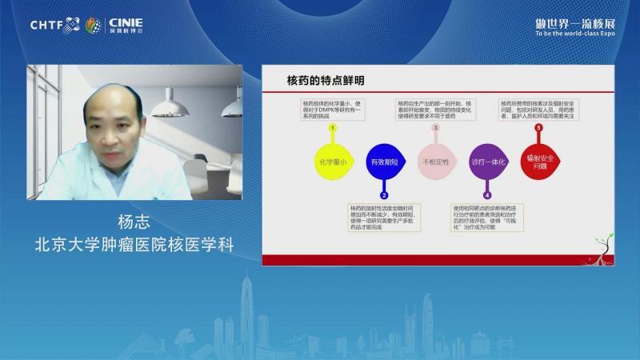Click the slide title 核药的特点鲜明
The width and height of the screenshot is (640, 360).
tap(326, 81)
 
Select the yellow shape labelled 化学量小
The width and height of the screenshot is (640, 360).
tap(332, 161)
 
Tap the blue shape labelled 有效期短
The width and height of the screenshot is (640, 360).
tap(383, 161)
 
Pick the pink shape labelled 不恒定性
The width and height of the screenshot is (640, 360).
tap(435, 161)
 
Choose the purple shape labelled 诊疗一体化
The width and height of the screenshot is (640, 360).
tap(486, 161)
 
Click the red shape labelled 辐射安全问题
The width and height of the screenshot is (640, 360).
tap(538, 161)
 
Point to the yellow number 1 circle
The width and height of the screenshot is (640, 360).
tap(332, 127)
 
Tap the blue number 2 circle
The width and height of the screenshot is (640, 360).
tap(384, 194)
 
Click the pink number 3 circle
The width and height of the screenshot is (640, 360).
tap(435, 127)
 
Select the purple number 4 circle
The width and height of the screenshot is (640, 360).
tap(487, 194)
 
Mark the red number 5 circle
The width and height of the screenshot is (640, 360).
tap(538, 127)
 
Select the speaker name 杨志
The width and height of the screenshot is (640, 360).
tap(134, 222)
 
